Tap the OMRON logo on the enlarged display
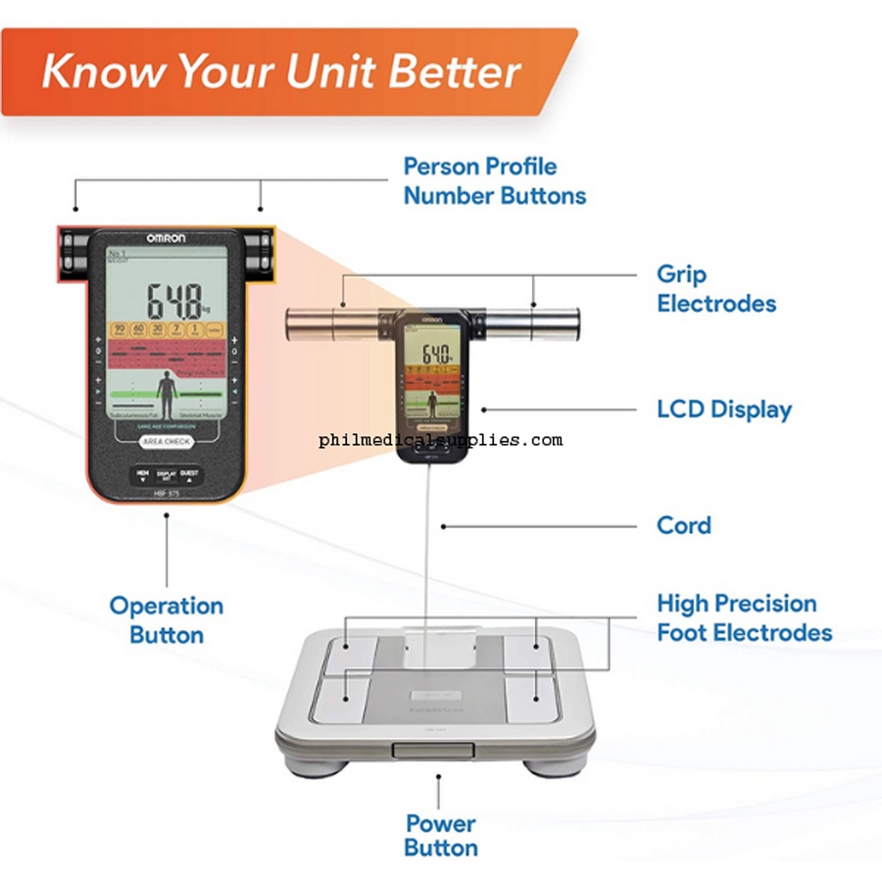(168, 238)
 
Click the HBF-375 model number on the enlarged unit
(166, 495)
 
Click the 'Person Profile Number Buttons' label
(494, 180)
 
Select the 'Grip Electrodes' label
(715, 288)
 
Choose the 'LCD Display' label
(723, 409)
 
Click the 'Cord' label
(683, 524)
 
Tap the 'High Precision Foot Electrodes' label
(744, 617)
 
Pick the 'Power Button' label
(440, 835)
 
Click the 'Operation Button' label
(166, 619)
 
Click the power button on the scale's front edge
(432, 750)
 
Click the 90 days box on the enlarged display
(120, 330)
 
